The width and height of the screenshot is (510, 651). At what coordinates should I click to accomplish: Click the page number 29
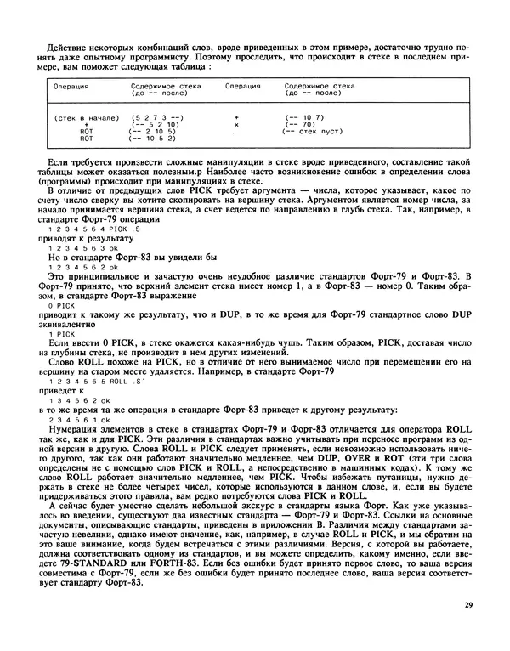click(469, 605)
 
